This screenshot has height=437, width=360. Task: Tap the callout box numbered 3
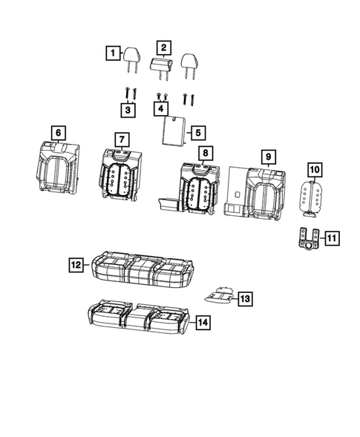[129, 111]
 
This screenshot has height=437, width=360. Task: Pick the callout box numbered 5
[197, 133]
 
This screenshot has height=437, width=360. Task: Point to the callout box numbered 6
[56, 133]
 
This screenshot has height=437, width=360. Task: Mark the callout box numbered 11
[330, 238]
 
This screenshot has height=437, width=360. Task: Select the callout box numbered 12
[76, 264]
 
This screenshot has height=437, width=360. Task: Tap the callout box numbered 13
[244, 298]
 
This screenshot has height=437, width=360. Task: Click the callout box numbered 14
[202, 322]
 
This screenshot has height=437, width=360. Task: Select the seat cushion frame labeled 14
[137, 318]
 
